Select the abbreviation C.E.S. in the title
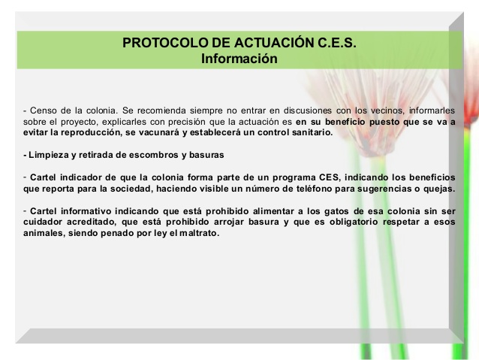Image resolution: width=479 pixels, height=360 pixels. pyautogui.click(x=337, y=43)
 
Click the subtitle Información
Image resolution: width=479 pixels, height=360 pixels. pyautogui.click(x=239, y=59)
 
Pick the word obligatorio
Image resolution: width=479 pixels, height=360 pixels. pyautogui.click(x=354, y=222)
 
